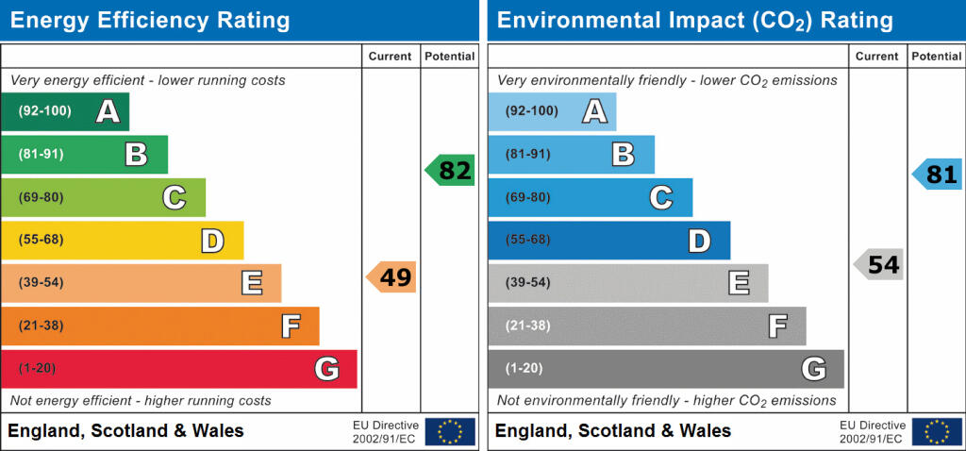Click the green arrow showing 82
pos(450,171)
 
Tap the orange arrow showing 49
pos(391,277)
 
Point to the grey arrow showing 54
pos(878,265)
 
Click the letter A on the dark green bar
pos(108,112)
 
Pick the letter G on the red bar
pos(326,369)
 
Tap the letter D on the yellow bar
pos(212,241)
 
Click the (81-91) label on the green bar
pos(41,154)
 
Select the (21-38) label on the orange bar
pos(41,326)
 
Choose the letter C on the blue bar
pos(660,197)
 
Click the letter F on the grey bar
pos(777,326)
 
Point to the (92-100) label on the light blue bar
pos(531,111)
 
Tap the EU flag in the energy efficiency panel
pos(450,431)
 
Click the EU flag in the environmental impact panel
pos(937,431)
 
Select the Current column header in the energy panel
pos(390,57)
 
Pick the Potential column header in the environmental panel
pos(936,57)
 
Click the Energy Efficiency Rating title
pos(149,21)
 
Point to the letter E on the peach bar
pos(251,283)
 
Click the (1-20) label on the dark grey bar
pos(524,368)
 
